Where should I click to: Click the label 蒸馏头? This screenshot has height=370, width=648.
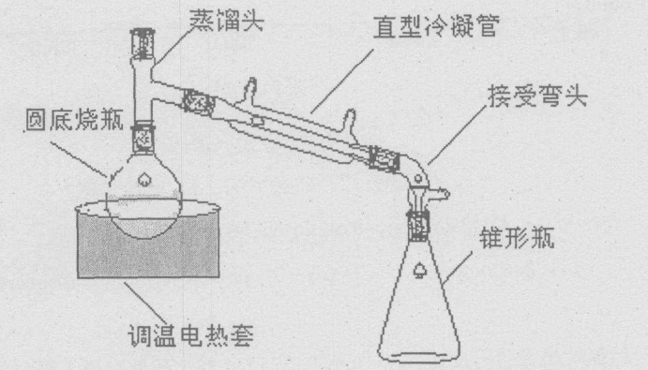point(227,20)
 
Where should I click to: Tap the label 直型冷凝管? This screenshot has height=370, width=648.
point(436,25)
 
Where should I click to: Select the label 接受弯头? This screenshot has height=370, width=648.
point(537,96)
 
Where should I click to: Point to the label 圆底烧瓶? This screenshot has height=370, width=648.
point(75,120)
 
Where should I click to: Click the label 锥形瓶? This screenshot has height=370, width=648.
point(517,238)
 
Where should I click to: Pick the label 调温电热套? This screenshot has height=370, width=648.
point(190,335)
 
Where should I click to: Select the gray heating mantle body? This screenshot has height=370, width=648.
point(148,243)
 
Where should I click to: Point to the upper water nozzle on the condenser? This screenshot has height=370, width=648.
point(250,88)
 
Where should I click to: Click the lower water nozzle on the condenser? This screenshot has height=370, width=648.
point(351,121)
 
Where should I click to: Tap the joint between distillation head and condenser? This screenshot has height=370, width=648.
point(199,102)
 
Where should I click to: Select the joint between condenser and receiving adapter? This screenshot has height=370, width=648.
point(384,158)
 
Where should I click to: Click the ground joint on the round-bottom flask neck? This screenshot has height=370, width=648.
point(143,138)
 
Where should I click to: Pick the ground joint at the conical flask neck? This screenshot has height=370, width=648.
point(418,226)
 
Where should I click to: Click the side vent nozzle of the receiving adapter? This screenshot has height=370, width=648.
point(438,193)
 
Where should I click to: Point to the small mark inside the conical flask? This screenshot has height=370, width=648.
point(419,270)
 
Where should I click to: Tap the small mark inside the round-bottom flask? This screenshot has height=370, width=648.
point(144,179)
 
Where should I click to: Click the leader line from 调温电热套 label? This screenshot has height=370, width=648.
point(145,303)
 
